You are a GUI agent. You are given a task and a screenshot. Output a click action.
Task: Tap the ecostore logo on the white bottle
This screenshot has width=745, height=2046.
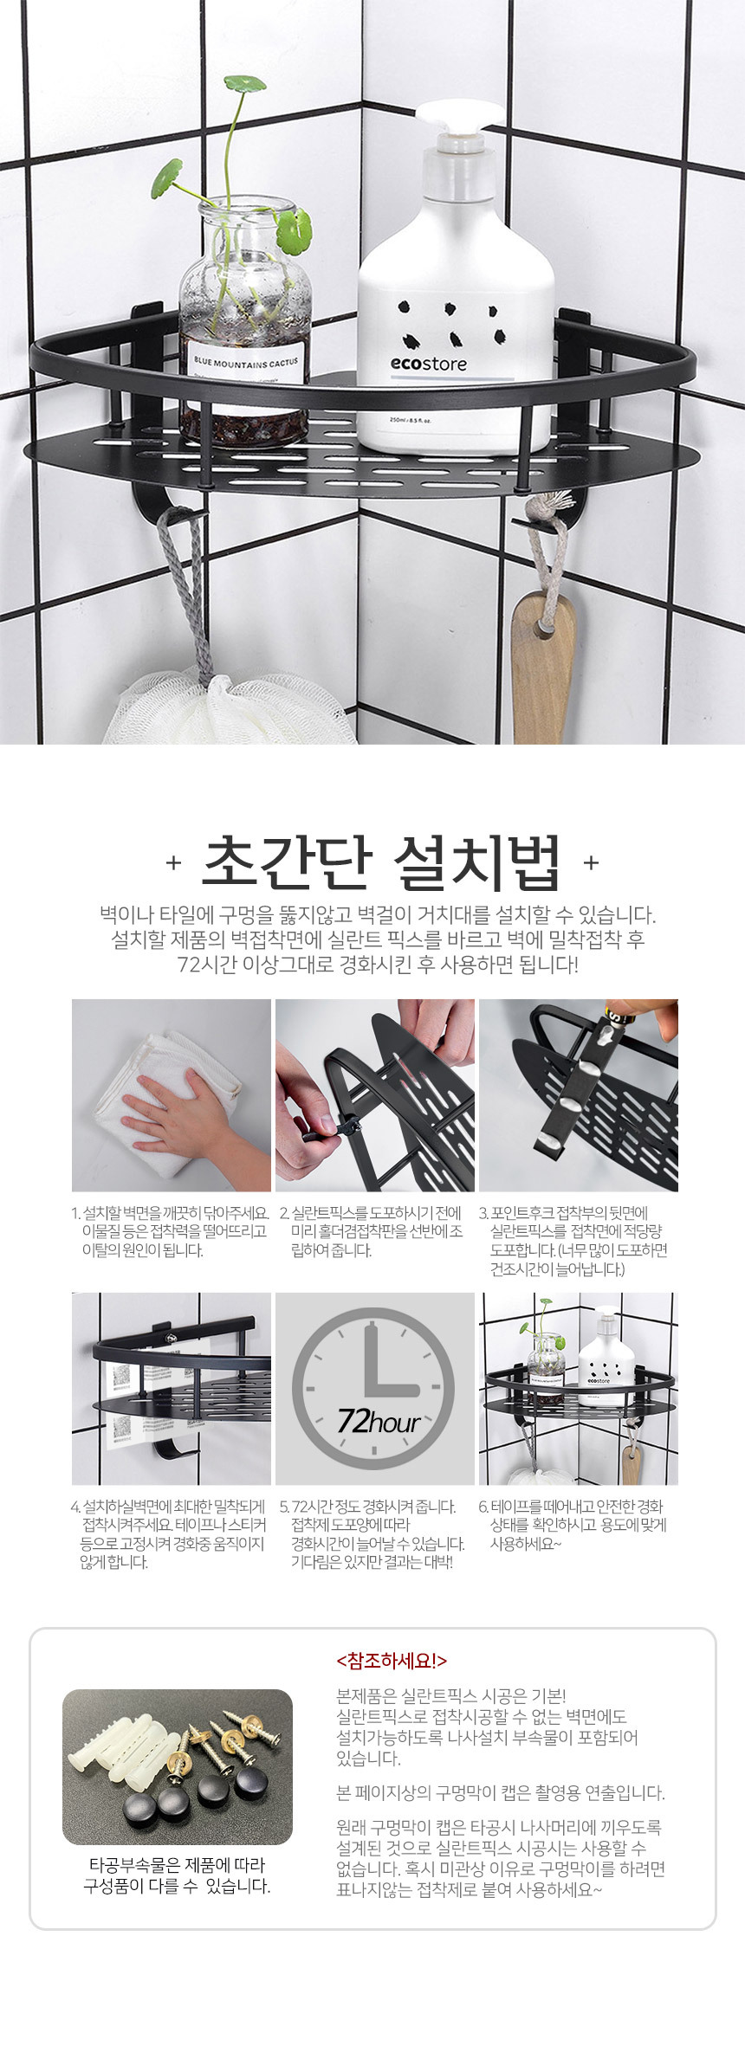pyautogui.click(x=428, y=364)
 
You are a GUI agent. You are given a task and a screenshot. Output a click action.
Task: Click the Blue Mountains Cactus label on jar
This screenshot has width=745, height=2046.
pyautogui.click(x=245, y=363)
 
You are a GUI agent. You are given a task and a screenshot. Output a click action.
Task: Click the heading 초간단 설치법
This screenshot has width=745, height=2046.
pyautogui.click(x=381, y=862)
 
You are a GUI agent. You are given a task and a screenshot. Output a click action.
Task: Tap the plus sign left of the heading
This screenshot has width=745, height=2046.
pyautogui.click(x=173, y=863)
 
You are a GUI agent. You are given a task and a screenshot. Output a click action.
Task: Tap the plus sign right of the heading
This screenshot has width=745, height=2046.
pyautogui.click(x=591, y=862)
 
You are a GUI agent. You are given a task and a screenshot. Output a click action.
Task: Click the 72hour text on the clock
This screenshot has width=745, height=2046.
pyautogui.click(x=378, y=1421)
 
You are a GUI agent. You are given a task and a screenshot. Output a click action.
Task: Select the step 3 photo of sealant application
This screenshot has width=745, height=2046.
pyautogui.click(x=579, y=1095)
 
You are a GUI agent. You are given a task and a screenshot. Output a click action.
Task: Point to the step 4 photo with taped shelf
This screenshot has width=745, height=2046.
pyautogui.click(x=172, y=1389)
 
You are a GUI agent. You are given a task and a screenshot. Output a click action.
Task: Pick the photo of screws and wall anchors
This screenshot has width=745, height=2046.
pyautogui.click(x=178, y=1766)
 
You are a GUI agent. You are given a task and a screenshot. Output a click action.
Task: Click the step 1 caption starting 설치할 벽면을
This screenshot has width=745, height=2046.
pyautogui.click(x=170, y=1231)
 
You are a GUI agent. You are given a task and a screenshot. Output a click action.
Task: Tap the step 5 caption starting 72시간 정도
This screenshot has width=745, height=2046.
pyautogui.click(x=372, y=1534)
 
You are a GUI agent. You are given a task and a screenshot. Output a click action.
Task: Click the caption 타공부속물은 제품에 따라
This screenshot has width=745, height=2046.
pyautogui.click(x=177, y=1876)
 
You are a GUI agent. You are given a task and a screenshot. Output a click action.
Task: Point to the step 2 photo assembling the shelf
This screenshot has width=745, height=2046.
pyautogui.click(x=375, y=1095)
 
